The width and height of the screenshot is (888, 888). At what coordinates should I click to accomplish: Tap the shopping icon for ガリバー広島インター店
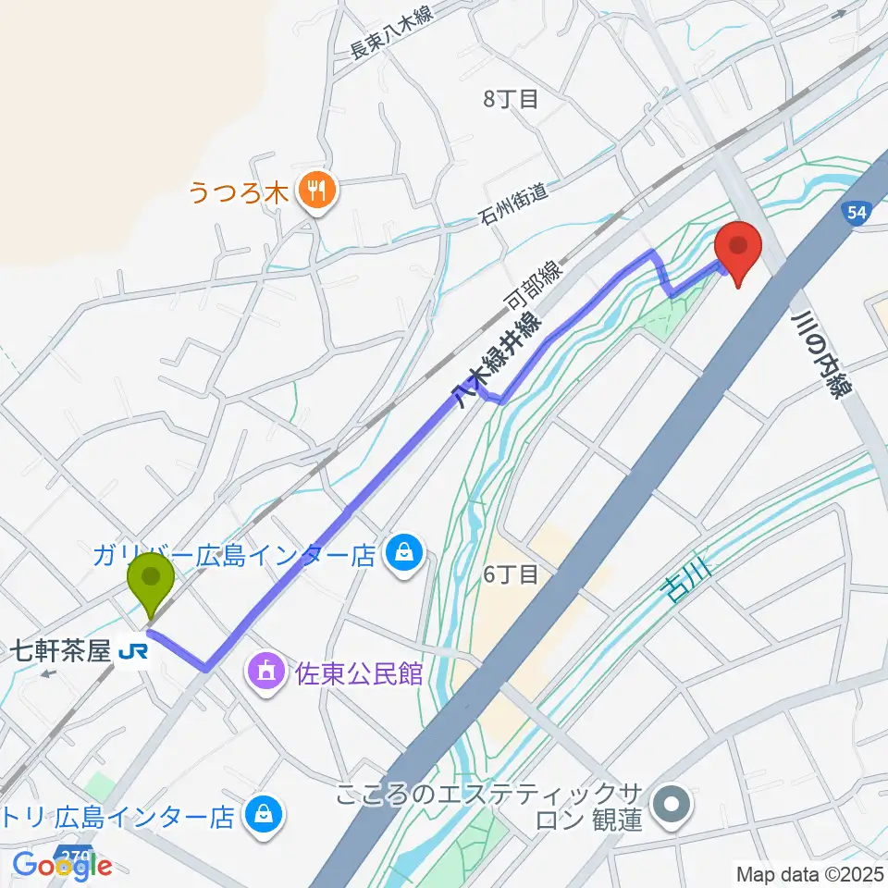tap(403, 555)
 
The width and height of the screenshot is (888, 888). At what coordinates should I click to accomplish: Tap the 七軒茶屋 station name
tap(60, 653)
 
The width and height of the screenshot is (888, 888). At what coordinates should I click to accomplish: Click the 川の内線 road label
tap(820, 353)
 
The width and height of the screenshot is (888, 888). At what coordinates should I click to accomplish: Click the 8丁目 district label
tap(511, 99)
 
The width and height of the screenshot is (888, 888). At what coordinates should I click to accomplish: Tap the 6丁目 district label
tap(511, 575)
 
